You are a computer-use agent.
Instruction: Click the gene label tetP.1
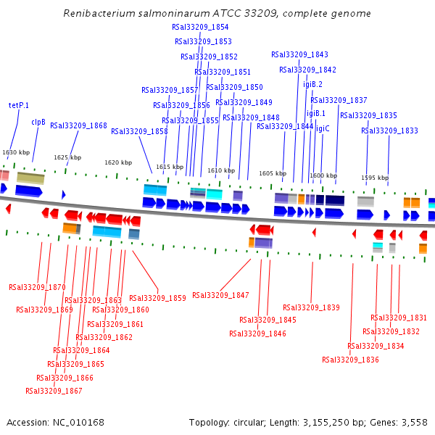[19, 105]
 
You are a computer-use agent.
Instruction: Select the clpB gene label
[38, 123]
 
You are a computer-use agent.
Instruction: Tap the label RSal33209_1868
[78, 125]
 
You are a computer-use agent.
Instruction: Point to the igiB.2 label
[312, 84]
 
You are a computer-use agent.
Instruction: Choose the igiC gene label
[323, 128]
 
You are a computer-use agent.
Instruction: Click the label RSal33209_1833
[389, 130]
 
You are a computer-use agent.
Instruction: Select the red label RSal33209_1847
[220, 295]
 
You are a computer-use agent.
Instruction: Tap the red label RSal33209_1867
[54, 391]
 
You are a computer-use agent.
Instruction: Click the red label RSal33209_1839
[311, 307]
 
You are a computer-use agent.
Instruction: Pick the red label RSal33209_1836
[350, 360]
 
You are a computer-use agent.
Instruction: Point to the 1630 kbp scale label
[16, 152]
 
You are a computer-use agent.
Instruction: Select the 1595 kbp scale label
[375, 178]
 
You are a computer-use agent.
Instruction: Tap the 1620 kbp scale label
[118, 162]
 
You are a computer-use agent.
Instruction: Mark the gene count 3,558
[414, 422]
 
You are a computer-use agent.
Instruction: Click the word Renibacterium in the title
[96, 13]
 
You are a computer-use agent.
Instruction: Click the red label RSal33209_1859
[157, 298]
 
